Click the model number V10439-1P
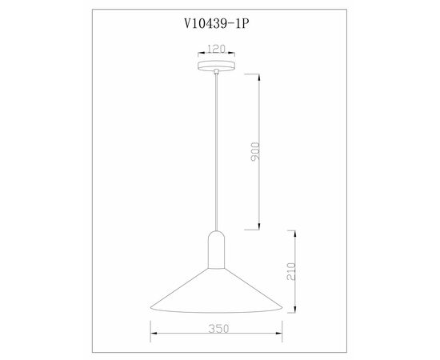[216, 23]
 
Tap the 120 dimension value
[216, 49]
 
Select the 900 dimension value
[255, 152]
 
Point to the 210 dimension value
[291, 271]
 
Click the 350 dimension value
[218, 329]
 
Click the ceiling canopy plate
[216, 66]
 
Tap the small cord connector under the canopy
[216, 71]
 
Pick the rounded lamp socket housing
[216, 250]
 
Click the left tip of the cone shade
[150, 307]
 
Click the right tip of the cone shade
[282, 308]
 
